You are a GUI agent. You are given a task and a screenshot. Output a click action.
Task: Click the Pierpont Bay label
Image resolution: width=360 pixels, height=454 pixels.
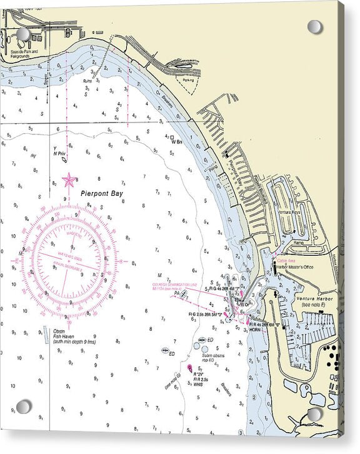pos(102,194)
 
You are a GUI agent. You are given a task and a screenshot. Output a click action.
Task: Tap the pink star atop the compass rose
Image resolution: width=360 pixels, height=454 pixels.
pos(69,180)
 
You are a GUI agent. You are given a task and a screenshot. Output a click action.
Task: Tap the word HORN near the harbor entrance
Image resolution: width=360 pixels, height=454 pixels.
pos(255,329)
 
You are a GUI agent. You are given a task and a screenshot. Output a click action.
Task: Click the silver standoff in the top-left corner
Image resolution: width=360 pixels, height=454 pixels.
pos(23,34)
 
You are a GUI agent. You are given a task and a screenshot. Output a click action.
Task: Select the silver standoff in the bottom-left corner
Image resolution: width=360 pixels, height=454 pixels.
pos(23,406)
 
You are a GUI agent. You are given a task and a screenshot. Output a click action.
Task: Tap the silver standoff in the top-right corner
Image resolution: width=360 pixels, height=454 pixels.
pos(314,27)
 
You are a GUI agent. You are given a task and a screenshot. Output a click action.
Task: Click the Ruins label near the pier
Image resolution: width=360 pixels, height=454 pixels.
pos(87,81)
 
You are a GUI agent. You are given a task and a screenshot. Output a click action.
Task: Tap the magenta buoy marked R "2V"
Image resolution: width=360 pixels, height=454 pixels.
pos(189,368)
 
